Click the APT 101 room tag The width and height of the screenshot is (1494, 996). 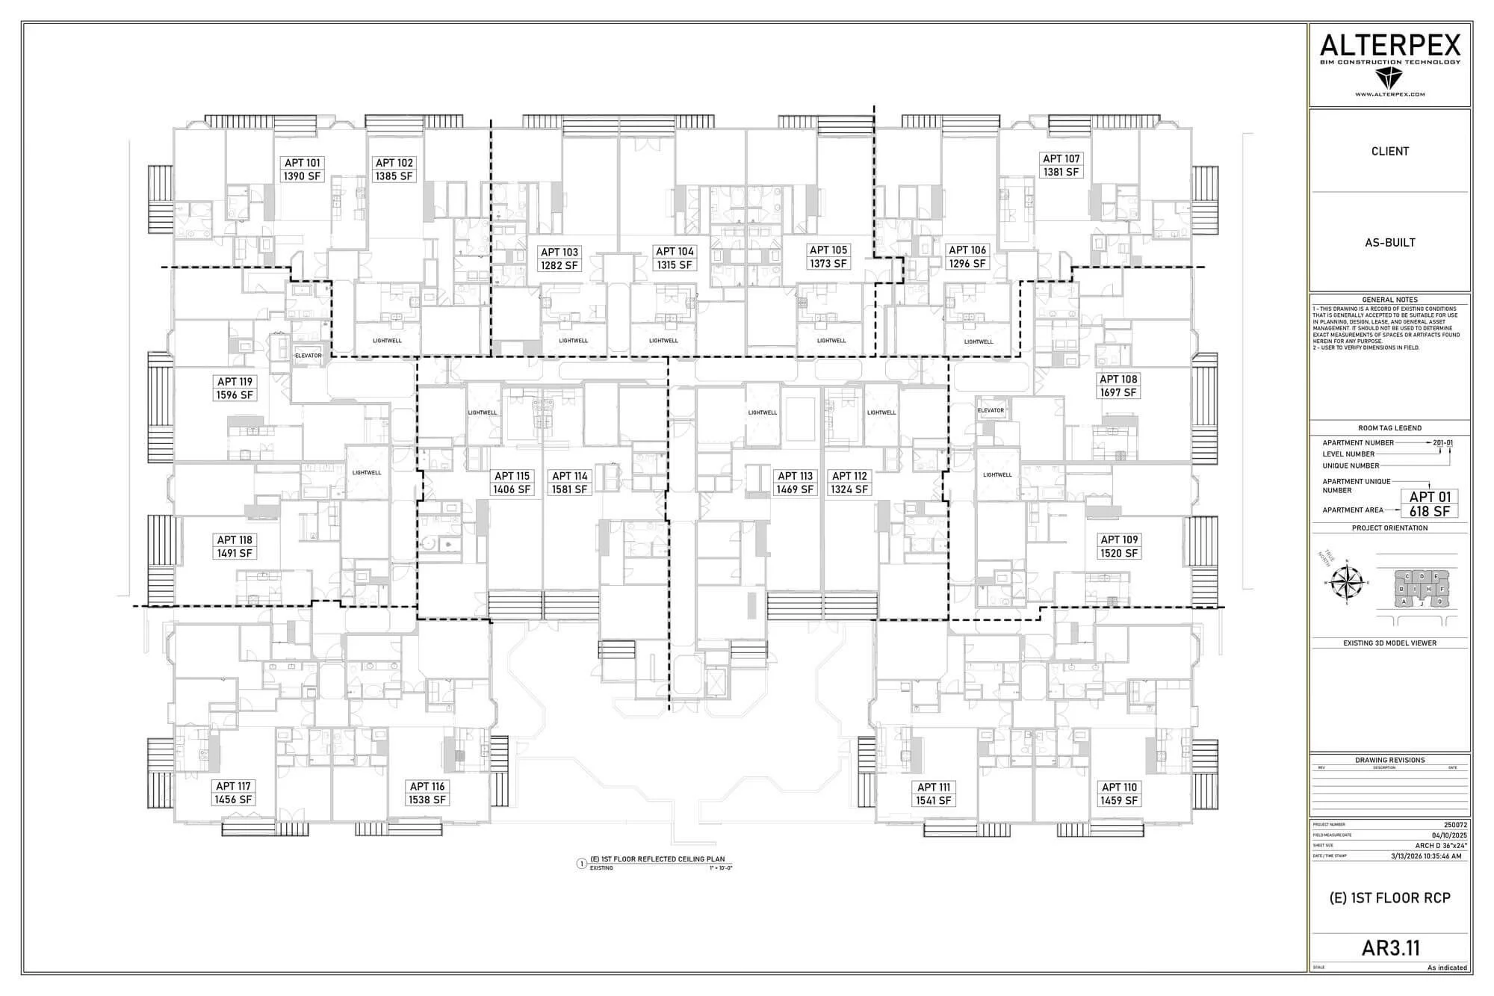point(303,163)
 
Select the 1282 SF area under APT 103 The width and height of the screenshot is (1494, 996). point(560,266)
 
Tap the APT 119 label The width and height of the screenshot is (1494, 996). point(235,382)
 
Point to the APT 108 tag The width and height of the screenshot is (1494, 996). point(1118,380)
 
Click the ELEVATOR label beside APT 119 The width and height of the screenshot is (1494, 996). point(308,356)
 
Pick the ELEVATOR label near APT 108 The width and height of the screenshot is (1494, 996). point(991,410)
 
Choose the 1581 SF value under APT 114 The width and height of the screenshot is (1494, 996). point(570,489)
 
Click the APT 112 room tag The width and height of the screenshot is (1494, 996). point(849,476)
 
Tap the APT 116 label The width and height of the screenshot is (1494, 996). point(427,786)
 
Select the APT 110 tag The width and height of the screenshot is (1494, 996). point(1119,787)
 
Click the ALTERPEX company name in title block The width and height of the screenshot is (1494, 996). point(1389,46)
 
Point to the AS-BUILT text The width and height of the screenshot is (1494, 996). point(1389,242)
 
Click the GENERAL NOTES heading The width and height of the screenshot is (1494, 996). point(1389,300)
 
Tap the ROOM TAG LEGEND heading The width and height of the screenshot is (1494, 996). point(1389,428)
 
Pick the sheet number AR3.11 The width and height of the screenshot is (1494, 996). point(1389,947)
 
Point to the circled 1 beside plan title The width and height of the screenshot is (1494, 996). point(582,864)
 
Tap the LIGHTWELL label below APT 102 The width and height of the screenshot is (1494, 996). point(387,341)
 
